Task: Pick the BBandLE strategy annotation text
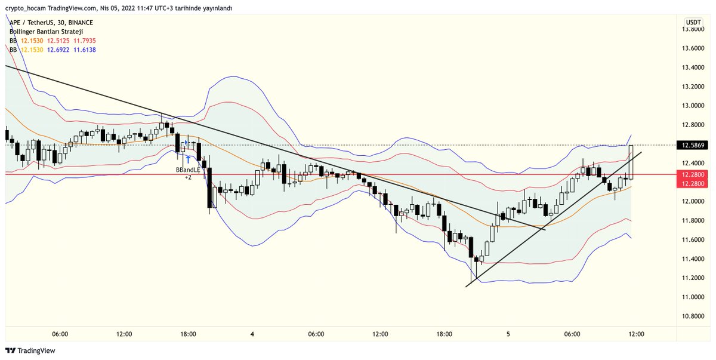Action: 187,170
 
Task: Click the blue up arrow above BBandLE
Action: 188,159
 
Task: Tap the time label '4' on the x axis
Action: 252,334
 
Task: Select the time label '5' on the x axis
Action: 508,334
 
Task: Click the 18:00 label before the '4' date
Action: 188,334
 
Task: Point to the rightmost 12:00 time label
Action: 636,334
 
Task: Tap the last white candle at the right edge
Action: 631,162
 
